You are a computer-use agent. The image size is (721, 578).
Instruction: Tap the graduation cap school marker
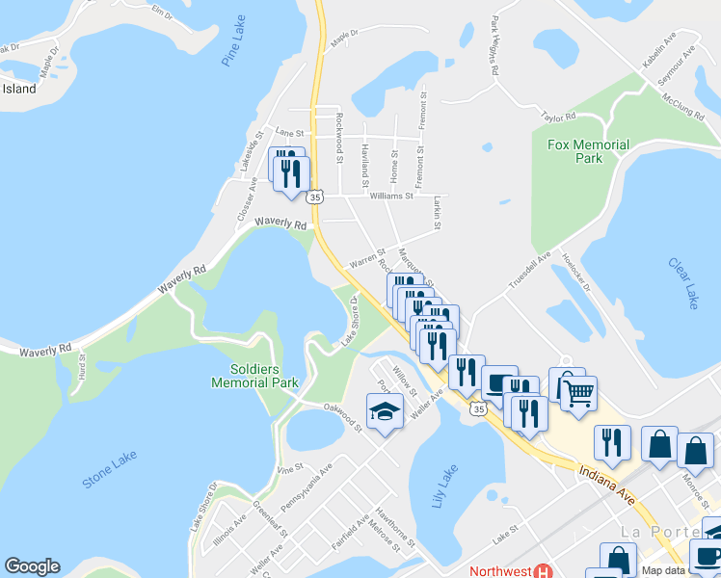384,411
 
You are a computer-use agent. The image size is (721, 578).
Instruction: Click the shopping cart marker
578,392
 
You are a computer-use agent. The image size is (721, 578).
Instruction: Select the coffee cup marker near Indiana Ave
499,382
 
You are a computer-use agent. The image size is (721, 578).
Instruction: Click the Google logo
32,566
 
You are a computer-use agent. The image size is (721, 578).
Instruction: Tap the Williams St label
391,196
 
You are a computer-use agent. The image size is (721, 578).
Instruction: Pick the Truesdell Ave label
530,266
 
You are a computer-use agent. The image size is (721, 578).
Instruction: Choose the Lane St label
289,132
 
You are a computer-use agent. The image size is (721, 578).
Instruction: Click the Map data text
693,571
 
